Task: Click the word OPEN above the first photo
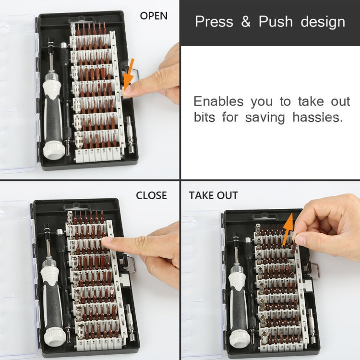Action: [x=154, y=16]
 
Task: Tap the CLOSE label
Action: [x=151, y=195]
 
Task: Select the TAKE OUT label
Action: [x=213, y=195]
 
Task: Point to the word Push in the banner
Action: [x=276, y=22]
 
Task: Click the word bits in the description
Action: [x=205, y=118]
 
